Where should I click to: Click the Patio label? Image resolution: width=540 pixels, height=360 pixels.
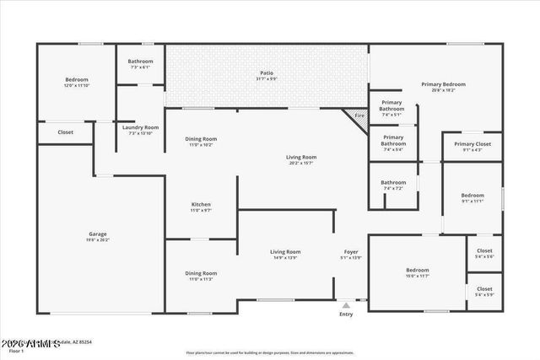[x=267, y=77]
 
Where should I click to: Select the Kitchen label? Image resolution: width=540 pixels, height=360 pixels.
[x=201, y=205]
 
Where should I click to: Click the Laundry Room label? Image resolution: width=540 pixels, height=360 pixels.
[x=140, y=127]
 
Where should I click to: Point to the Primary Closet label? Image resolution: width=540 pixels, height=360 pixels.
[x=472, y=144]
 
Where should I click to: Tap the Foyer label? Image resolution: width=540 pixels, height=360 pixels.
[x=350, y=252]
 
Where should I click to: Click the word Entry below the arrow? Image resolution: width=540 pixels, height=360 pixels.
[x=346, y=314]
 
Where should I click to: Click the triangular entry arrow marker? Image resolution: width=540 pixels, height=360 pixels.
[x=346, y=305]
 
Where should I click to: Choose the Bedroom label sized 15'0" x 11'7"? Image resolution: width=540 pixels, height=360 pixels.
[x=417, y=271]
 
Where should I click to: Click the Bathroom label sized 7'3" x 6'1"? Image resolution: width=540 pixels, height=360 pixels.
[x=140, y=62]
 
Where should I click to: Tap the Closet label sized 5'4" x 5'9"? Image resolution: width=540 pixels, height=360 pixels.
[x=484, y=289]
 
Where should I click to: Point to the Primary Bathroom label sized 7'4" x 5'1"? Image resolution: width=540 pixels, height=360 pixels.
[x=391, y=106]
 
